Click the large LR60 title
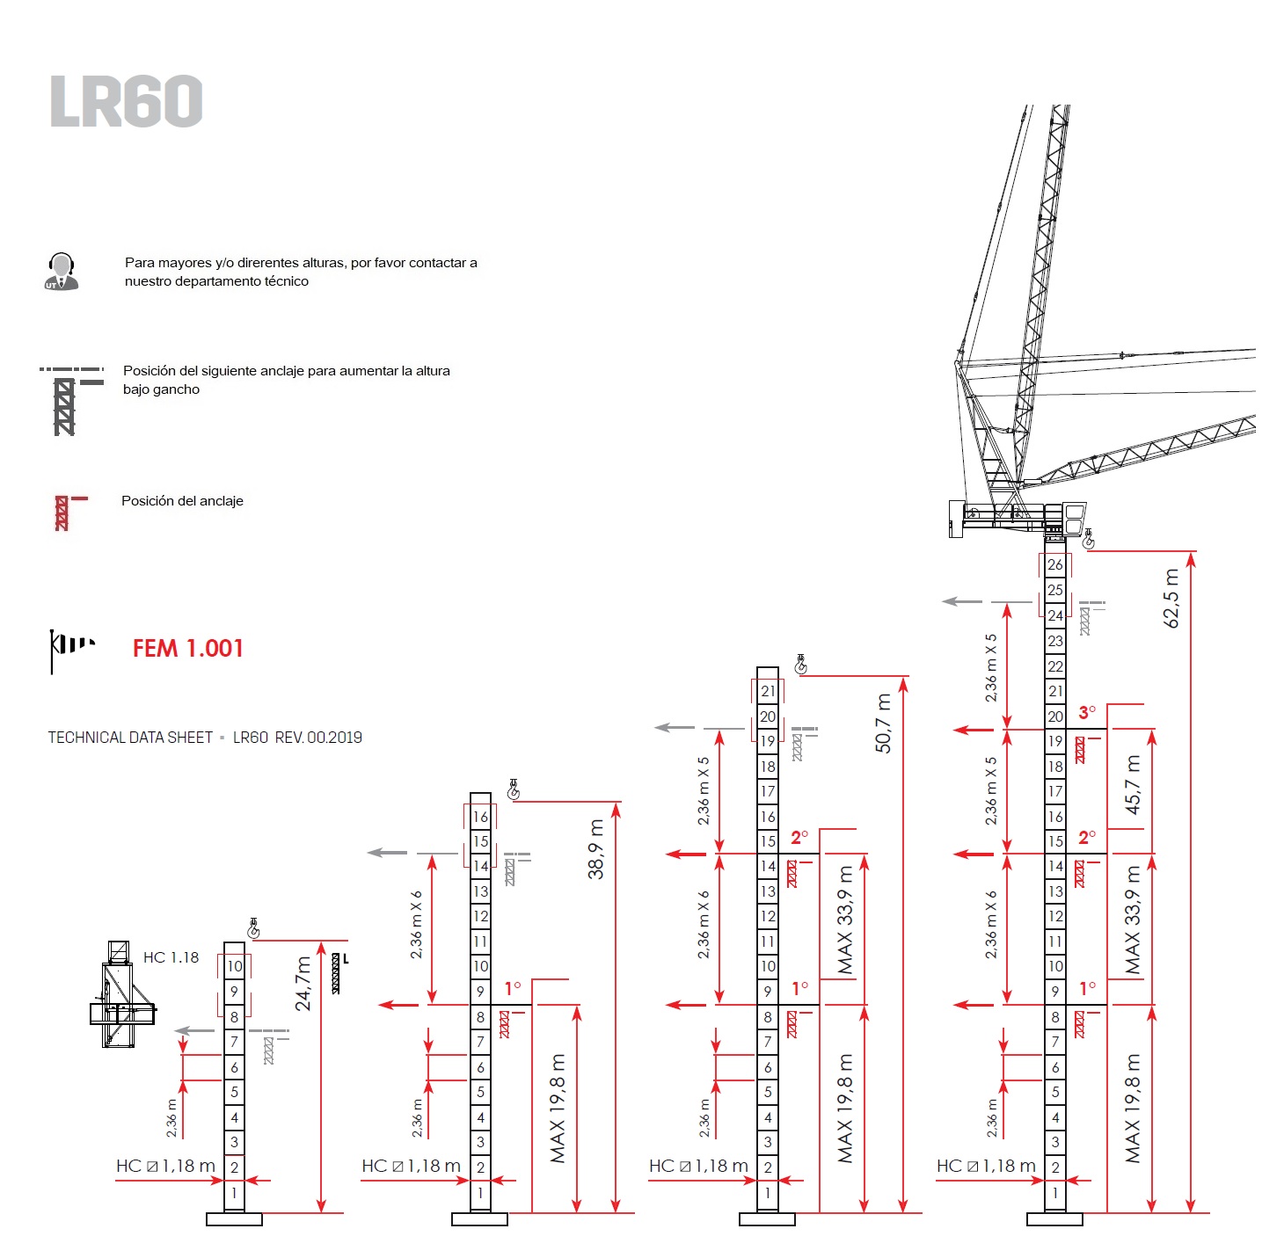pyautogui.click(x=127, y=101)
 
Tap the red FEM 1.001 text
pyautogui.click(x=187, y=649)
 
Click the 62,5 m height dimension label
pyautogui.click(x=1171, y=599)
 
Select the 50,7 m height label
pyautogui.click(x=883, y=724)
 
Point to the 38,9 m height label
pyautogui.click(x=596, y=849)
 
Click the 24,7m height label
pyautogui.click(x=303, y=983)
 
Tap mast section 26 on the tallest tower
pyautogui.click(x=1054, y=564)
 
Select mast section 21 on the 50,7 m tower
pyautogui.click(x=768, y=691)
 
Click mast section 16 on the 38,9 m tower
pyautogui.click(x=480, y=817)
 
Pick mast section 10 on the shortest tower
pyautogui.click(x=234, y=966)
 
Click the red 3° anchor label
pyautogui.click(x=1088, y=712)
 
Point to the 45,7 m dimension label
pyautogui.click(x=1133, y=785)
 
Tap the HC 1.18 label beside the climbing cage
pyautogui.click(x=171, y=957)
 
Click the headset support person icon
pyautogui.click(x=61, y=272)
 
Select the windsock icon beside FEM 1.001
pyautogui.click(x=70, y=649)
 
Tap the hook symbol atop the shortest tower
pyautogui.click(x=253, y=927)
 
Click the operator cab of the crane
pyautogui.click(x=1073, y=518)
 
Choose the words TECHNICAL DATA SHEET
pyautogui.click(x=130, y=738)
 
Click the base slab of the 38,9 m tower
pyautogui.click(x=479, y=1218)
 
